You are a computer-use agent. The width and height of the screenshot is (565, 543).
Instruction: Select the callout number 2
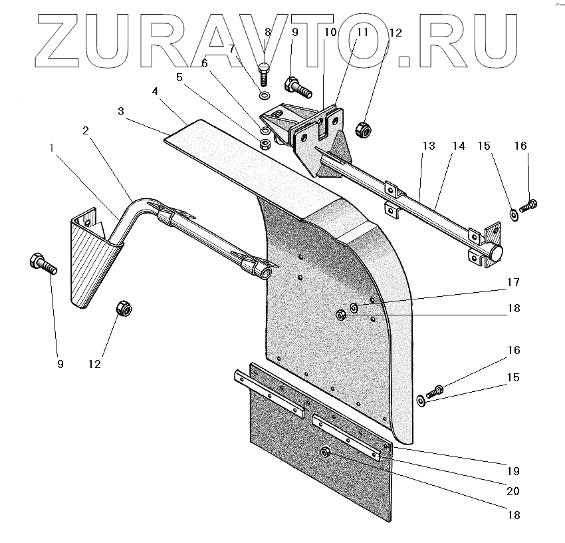point(86,130)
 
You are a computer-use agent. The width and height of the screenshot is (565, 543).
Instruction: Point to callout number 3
point(121,111)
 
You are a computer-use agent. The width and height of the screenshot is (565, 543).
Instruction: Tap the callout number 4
point(154,91)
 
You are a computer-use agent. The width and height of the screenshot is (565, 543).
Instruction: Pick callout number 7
point(232,49)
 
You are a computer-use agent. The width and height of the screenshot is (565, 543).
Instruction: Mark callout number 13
point(429,146)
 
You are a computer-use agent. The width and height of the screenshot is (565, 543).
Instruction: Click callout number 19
point(512,471)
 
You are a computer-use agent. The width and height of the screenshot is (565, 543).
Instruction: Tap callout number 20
point(512,491)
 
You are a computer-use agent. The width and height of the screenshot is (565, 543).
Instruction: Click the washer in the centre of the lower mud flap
point(326,452)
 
